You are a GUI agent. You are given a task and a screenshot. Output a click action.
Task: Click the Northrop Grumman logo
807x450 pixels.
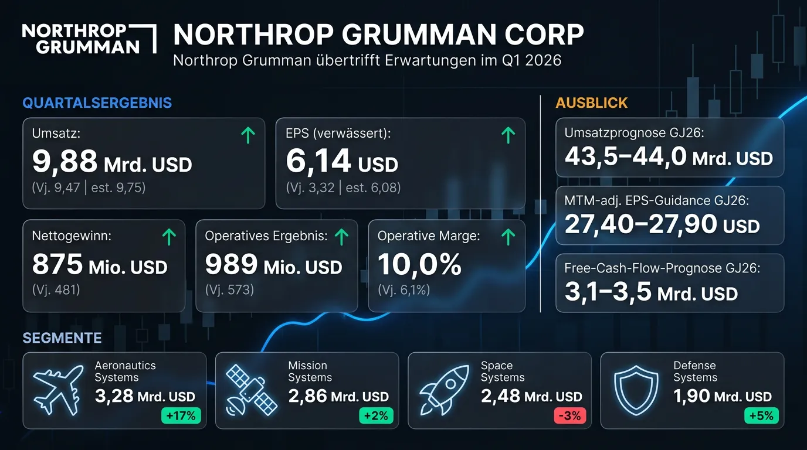[89, 39]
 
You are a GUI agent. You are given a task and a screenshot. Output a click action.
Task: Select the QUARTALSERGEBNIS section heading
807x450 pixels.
[97, 103]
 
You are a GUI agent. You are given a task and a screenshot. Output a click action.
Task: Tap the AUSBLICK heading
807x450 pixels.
[591, 103]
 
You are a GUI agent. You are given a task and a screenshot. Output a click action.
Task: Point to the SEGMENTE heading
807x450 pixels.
[62, 338]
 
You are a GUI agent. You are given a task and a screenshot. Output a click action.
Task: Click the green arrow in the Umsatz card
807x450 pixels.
[248, 136]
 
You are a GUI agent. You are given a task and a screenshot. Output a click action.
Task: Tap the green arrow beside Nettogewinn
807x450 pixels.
[168, 237]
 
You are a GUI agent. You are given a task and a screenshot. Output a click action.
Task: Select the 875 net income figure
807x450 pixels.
[57, 265]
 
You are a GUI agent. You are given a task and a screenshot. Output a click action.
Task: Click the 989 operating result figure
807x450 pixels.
[230, 265]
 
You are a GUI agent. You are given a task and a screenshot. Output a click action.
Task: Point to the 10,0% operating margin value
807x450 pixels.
[419, 265]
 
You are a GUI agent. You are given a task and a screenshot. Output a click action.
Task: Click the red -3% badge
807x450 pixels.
[569, 416]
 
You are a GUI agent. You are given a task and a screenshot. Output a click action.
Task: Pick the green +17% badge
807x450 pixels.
[181, 416]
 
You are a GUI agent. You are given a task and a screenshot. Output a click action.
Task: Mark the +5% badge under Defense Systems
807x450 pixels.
[762, 416]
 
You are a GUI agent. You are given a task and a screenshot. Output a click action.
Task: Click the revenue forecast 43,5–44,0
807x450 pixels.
[625, 156]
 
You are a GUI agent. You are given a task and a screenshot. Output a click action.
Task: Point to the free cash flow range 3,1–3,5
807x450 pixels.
[608, 291]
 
